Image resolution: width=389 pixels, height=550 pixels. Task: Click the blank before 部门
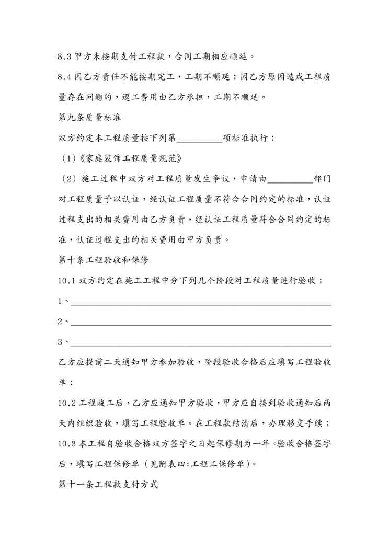click(289, 179)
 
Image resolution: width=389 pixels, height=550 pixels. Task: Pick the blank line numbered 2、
click(201, 322)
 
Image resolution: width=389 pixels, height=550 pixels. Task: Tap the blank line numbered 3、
click(201, 342)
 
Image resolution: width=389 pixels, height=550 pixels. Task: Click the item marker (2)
click(69, 179)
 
